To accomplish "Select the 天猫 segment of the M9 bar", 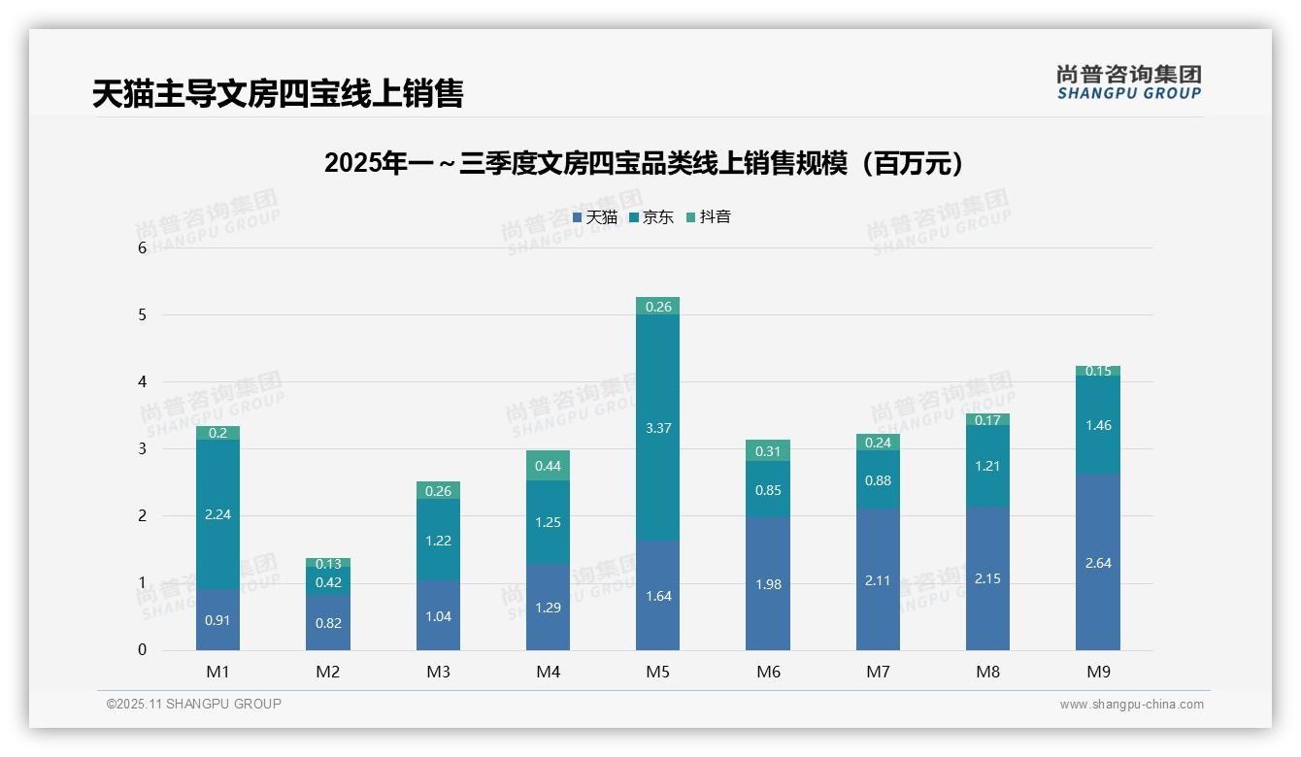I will pyautogui.click(x=1097, y=562).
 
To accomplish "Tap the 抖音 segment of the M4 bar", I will pyautogui.click(x=548, y=466).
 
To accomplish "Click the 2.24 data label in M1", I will pyautogui.click(x=217, y=514).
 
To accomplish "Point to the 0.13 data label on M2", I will pyautogui.click(x=328, y=564).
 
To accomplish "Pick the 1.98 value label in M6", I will pyautogui.click(x=767, y=584).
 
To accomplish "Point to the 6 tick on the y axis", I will pyautogui.click(x=142, y=247).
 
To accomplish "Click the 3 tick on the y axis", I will pyautogui.click(x=142, y=448).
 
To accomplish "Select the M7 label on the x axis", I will pyautogui.click(x=878, y=672).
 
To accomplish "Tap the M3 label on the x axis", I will pyautogui.click(x=438, y=672).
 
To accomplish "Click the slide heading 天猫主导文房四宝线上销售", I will pyautogui.click(x=278, y=93).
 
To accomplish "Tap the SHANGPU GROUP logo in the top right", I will pyautogui.click(x=1128, y=82).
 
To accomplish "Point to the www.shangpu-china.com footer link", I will pyautogui.click(x=1131, y=705).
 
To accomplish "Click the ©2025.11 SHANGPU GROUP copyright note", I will pyautogui.click(x=194, y=704).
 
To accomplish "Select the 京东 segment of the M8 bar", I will pyautogui.click(x=987, y=467).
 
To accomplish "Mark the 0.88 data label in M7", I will pyautogui.click(x=878, y=480).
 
